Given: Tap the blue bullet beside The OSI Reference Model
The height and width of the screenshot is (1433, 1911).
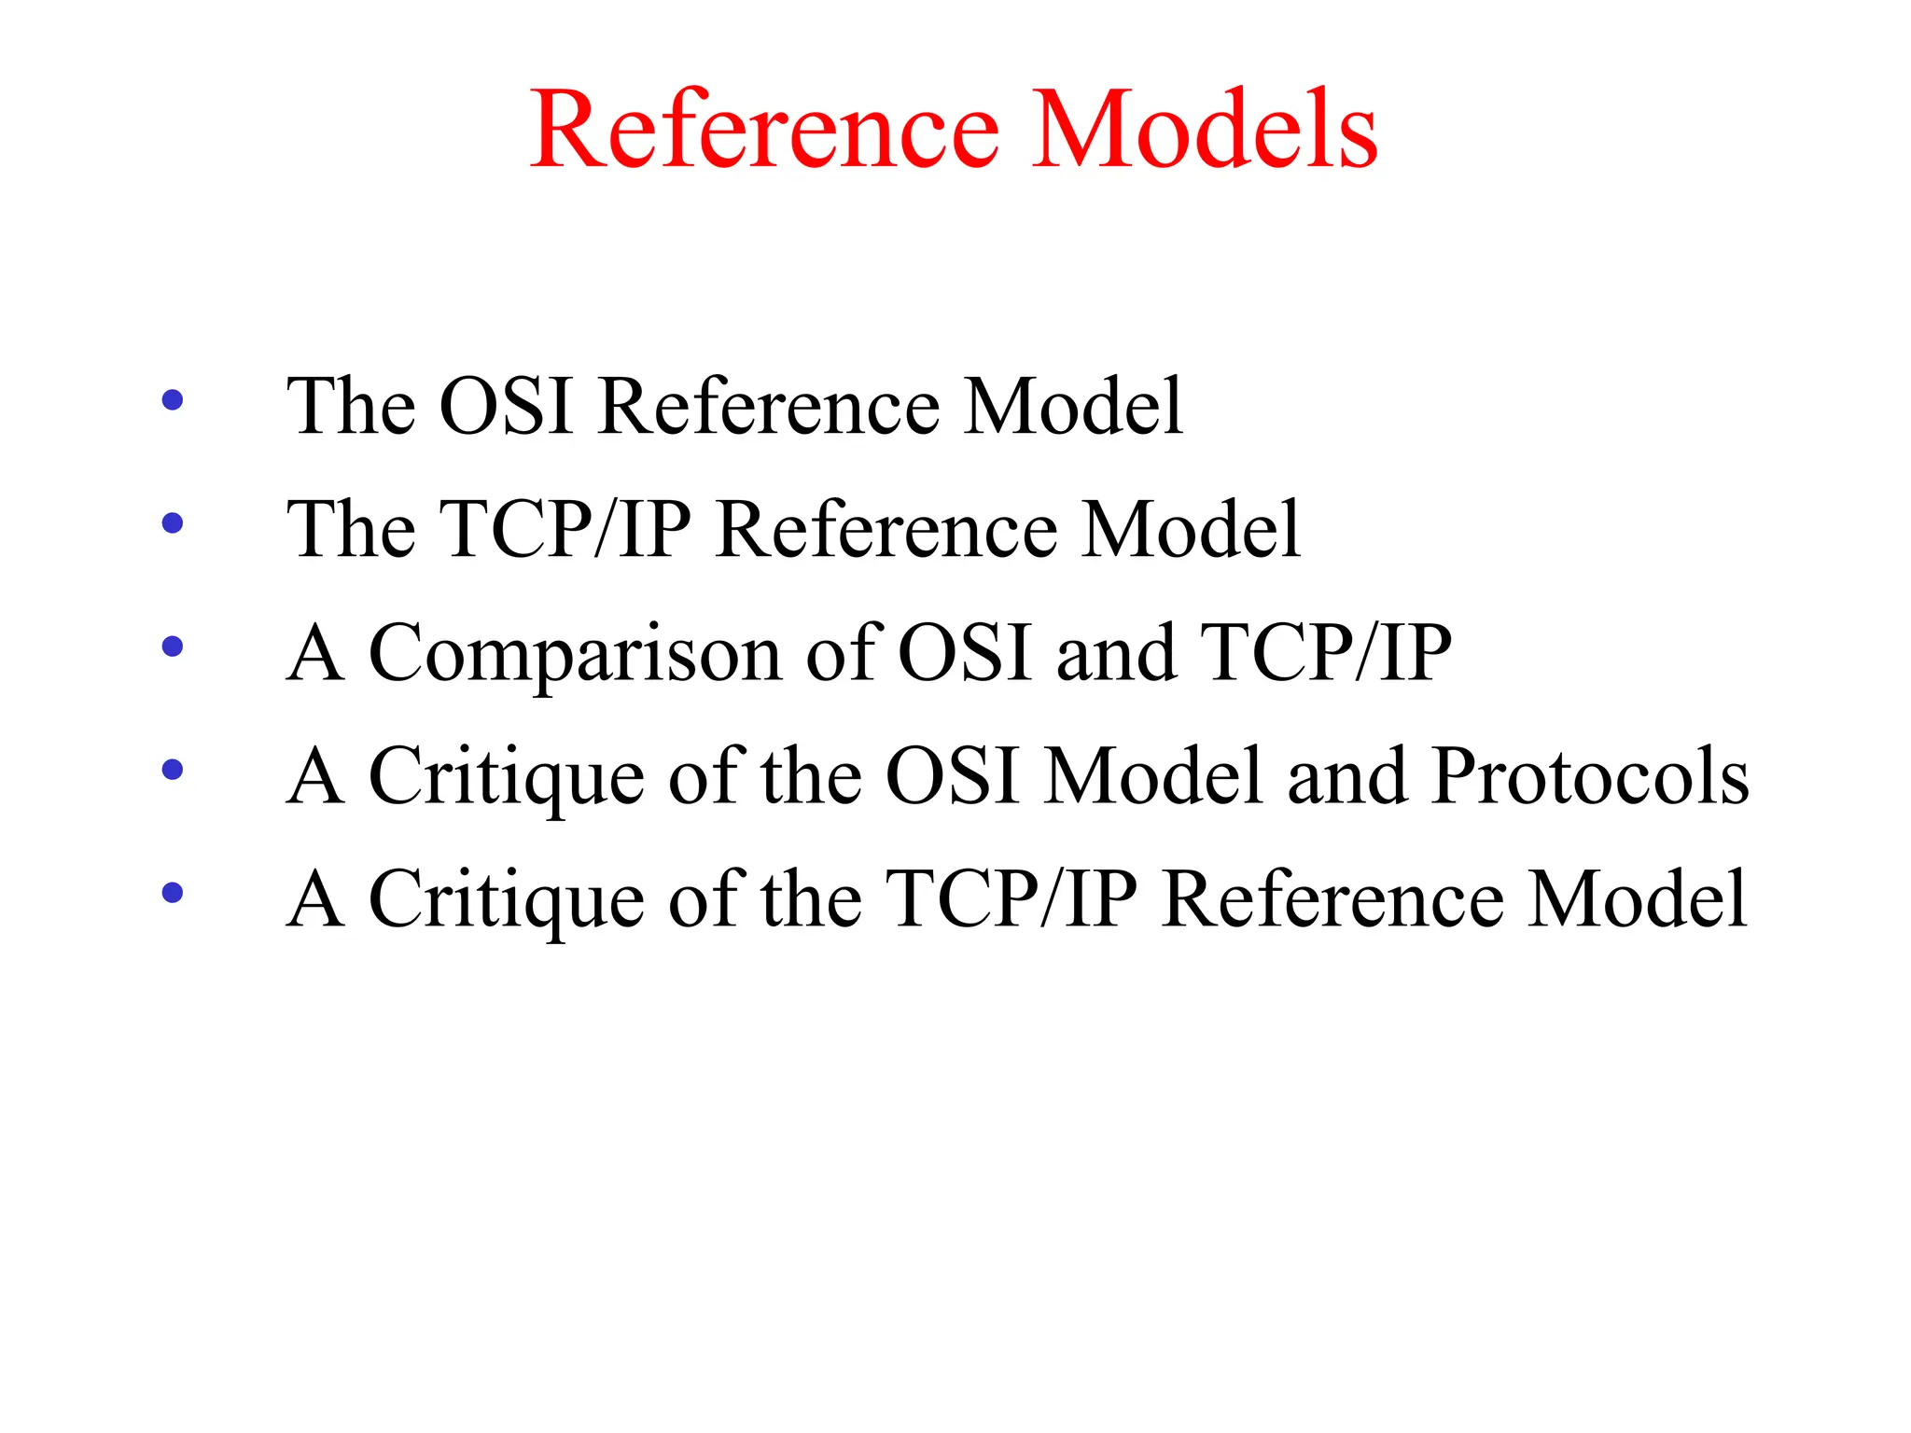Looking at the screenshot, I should coord(173,400).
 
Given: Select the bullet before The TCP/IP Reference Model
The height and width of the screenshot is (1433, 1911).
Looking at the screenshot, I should coord(173,523).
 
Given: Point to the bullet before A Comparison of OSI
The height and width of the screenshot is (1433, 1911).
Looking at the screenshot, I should coord(173,647).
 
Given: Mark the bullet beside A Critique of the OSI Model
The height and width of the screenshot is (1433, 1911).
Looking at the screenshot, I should coord(173,770).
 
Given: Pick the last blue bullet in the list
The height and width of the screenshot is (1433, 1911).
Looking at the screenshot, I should coord(173,893).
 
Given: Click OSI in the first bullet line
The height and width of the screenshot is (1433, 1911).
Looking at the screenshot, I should coord(505,406).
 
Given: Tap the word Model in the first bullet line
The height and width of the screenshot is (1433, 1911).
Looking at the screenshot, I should coord(1073,406).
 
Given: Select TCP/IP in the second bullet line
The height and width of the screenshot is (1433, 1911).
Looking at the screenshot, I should coord(565,529).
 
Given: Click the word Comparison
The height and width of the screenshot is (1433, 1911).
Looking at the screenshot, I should coord(575,653).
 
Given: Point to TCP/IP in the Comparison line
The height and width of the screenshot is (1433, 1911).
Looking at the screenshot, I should coord(1326,652).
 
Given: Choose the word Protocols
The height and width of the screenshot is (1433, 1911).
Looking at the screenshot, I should coord(1590,775).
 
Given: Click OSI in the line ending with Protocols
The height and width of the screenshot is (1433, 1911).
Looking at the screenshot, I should coord(951,775).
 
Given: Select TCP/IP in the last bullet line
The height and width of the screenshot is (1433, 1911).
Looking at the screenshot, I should coord(1011,898).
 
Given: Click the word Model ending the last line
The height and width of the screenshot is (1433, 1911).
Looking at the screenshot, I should coord(1637,898).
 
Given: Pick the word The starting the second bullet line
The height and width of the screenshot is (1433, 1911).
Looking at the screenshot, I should coord(351,529).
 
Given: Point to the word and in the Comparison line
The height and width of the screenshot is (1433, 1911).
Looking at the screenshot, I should coord(1115,652).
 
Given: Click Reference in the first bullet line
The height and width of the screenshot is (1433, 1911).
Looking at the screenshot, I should coord(769,406).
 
